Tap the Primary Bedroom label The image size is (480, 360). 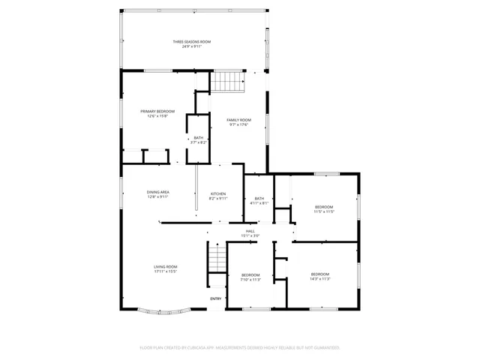coord(157,111)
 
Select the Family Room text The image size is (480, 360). coord(240,120)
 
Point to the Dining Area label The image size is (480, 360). coord(157,192)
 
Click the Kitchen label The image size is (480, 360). coord(218,193)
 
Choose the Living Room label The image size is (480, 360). coord(165,267)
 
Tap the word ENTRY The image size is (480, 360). coord(215,299)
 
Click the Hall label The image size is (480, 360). coord(250,232)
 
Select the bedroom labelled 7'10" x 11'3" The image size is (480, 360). coord(250,275)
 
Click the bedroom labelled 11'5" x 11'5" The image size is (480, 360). coord(324,207)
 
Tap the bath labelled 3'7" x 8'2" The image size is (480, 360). coord(198,137)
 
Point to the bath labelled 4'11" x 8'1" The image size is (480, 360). coord(259,198)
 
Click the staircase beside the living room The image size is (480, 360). coord(217,259)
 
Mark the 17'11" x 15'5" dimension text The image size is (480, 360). coord(165,271)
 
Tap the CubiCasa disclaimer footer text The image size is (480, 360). coord(240,347)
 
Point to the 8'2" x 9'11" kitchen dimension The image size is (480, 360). coord(218,198)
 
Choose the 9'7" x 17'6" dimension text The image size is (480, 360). coord(240,124)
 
